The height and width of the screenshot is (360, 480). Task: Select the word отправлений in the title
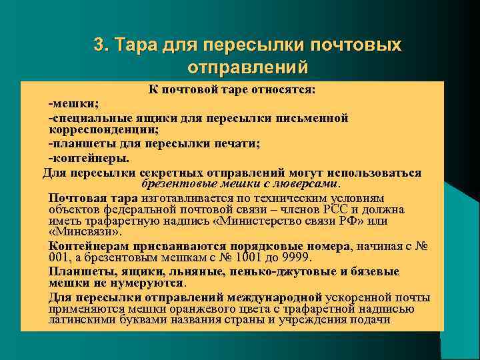click(x=248, y=67)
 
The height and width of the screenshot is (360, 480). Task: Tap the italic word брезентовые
click(x=173, y=183)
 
